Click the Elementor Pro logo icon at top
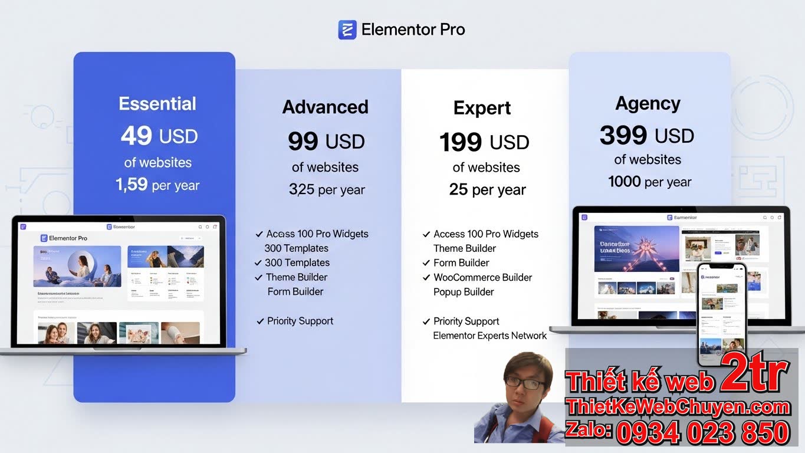pyautogui.click(x=347, y=29)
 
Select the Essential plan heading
pyautogui.click(x=157, y=104)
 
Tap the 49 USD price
pyautogui.click(x=159, y=136)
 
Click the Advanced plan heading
pyautogui.click(x=326, y=107)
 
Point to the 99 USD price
pyautogui.click(x=326, y=142)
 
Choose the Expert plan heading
pyautogui.click(x=482, y=108)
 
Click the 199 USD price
pyautogui.click(x=484, y=142)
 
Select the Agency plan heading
pyautogui.click(x=648, y=103)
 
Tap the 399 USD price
pyautogui.click(x=647, y=136)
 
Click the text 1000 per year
pyautogui.click(x=649, y=182)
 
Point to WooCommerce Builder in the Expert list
pyautogui.click(x=482, y=277)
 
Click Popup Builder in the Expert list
pyautogui.click(x=464, y=292)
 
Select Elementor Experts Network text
pyautogui.click(x=490, y=336)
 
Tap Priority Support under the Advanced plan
pyautogui.click(x=300, y=321)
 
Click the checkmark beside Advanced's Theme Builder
pyautogui.click(x=258, y=277)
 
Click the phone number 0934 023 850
pyautogui.click(x=702, y=432)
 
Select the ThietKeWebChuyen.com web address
pyautogui.click(x=678, y=407)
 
